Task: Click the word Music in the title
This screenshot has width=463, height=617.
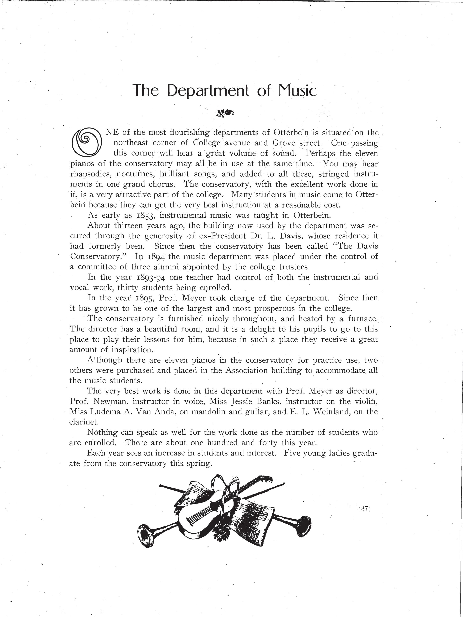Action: tap(298, 90)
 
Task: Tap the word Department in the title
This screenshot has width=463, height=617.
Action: tap(208, 90)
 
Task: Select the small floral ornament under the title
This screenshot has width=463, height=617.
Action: tap(225, 113)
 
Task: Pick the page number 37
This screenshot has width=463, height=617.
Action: tap(364, 509)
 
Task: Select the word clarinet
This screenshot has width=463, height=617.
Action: tap(82, 422)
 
